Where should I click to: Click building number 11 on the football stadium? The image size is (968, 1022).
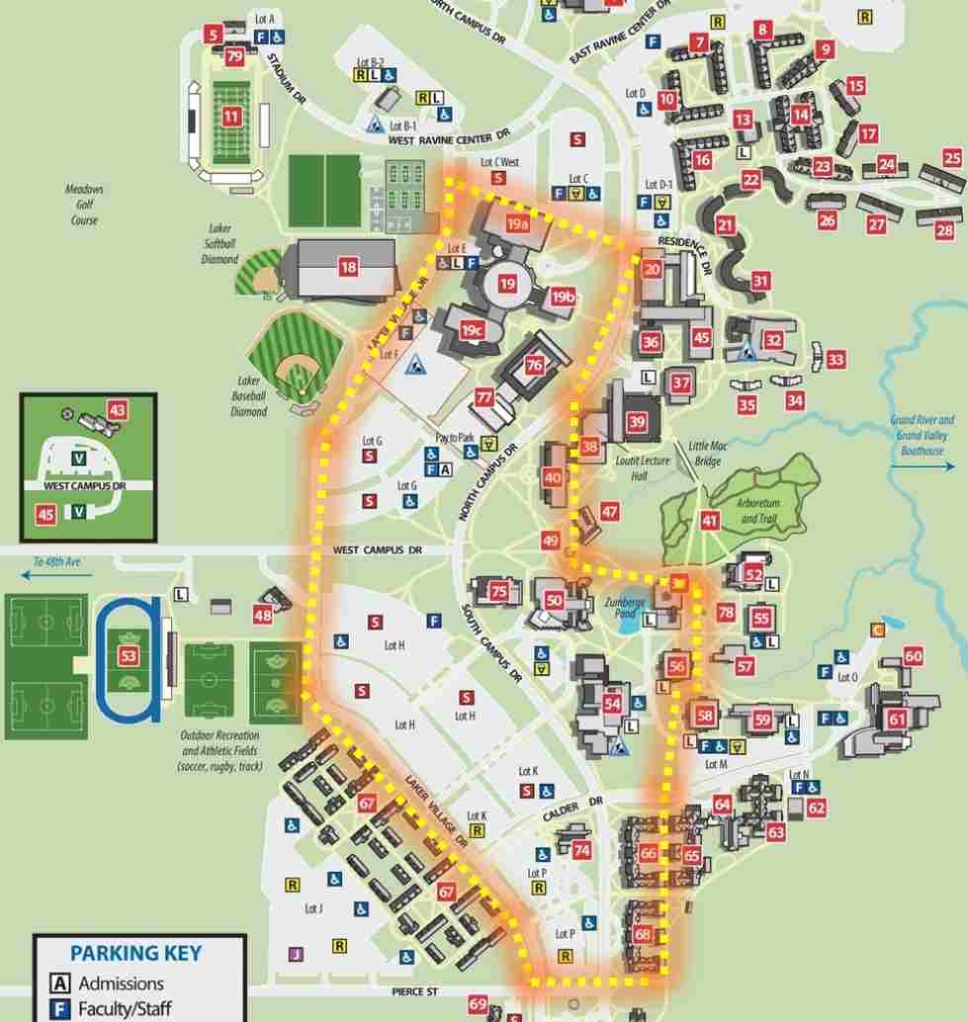click(231, 117)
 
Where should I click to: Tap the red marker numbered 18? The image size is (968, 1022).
click(347, 266)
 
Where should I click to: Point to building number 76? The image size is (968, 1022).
click(534, 365)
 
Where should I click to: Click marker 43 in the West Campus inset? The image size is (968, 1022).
click(118, 410)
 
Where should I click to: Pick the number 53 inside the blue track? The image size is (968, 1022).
click(128, 655)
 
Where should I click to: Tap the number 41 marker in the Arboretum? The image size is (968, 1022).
click(710, 521)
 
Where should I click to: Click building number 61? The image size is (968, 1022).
click(897, 719)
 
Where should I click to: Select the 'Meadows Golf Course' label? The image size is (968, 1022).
click(84, 205)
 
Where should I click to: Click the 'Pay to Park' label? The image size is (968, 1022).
click(455, 437)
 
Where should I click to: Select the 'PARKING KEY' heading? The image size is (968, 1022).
click(135, 954)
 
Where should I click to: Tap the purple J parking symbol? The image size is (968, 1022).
click(295, 954)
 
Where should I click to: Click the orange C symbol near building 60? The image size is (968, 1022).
click(877, 629)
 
